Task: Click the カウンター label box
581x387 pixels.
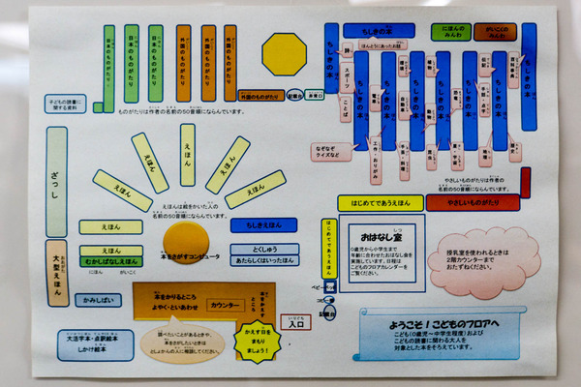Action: click(x=225, y=304)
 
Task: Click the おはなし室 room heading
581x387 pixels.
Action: click(x=376, y=235)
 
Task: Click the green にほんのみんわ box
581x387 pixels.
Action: click(x=455, y=31)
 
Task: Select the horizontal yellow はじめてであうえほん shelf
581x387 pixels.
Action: click(x=381, y=202)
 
